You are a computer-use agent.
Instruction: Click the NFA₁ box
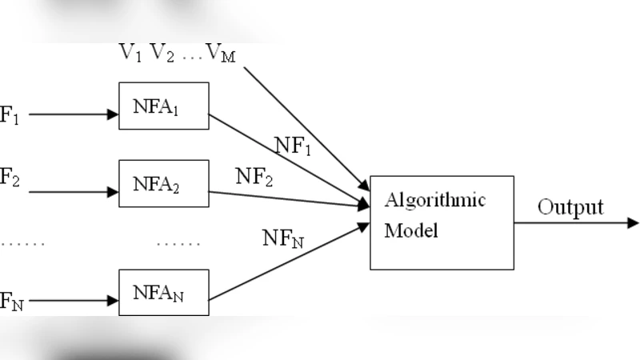(163, 106)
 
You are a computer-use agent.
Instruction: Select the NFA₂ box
(163, 184)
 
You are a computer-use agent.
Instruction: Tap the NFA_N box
(163, 294)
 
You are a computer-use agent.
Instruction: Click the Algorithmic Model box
(441, 222)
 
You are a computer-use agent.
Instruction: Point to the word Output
(570, 208)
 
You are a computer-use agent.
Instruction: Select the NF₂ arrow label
(254, 177)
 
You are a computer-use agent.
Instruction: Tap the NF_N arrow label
(282, 238)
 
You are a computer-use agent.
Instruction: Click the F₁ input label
(9, 114)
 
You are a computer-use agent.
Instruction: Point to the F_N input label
(11, 302)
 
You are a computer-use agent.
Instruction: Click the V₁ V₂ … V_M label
(178, 54)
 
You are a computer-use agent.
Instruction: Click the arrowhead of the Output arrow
(634, 222)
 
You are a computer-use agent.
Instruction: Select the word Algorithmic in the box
(434, 200)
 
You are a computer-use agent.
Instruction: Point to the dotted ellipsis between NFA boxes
(178, 242)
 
